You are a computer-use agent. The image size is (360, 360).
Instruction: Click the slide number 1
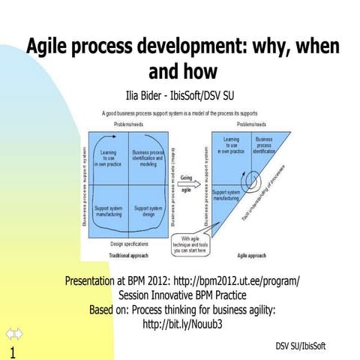(12, 352)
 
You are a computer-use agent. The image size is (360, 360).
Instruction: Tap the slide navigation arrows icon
(14, 334)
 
